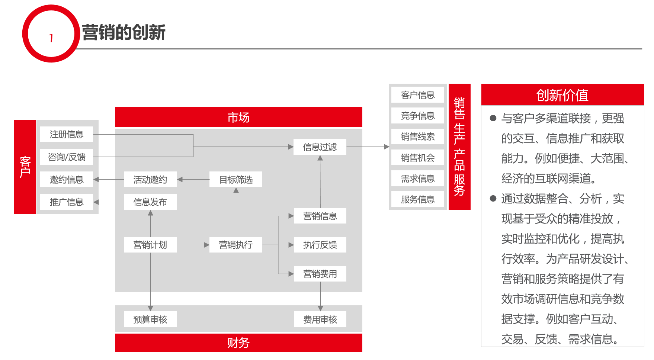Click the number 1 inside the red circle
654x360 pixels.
[51, 38]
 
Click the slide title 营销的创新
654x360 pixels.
[124, 32]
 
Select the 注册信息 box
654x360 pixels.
[67, 134]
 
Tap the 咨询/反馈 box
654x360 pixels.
[67, 157]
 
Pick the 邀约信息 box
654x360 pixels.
[67, 180]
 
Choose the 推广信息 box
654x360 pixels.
[67, 202]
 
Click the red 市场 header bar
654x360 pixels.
[238, 117]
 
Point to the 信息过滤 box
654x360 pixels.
[320, 147]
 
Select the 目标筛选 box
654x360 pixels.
[236, 180]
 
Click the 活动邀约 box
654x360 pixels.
[150, 180]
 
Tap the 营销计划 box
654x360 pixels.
[150, 245]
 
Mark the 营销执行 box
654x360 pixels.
[236, 245]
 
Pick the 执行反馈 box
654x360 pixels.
[320, 245]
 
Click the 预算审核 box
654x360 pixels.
[150, 319]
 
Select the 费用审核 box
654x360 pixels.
[320, 319]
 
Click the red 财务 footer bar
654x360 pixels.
[238, 343]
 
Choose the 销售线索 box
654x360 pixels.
[418, 136]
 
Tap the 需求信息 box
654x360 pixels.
[418, 179]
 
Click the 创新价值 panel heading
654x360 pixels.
[562, 95]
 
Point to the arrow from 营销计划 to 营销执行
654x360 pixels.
[193, 245]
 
